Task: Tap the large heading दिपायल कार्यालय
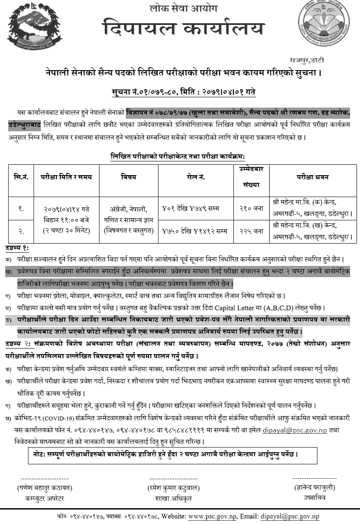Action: pos(183,30)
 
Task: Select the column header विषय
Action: pos(128,176)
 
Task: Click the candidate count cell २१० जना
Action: pos(251,209)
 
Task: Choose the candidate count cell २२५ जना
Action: pos(251,231)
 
